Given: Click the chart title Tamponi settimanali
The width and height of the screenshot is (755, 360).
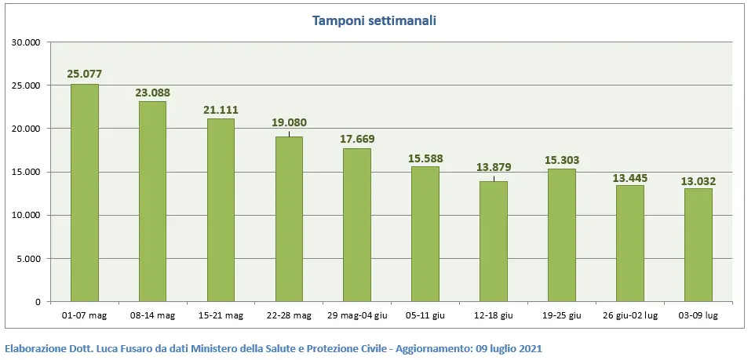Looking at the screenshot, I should [x=374, y=20].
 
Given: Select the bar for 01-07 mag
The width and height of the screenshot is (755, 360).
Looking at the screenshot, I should [x=85, y=192].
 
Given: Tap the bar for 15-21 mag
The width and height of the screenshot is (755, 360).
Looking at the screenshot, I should [x=221, y=209].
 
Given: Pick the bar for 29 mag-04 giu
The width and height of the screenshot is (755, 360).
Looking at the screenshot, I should [x=357, y=224].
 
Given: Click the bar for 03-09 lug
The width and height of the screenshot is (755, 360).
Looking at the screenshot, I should [x=698, y=245].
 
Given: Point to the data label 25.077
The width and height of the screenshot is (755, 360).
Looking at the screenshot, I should [x=85, y=74].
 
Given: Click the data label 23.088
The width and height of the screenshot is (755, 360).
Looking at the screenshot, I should [x=153, y=92].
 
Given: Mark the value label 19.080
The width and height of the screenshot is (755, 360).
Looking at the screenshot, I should [x=290, y=122].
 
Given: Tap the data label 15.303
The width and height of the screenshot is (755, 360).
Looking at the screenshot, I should [x=562, y=160].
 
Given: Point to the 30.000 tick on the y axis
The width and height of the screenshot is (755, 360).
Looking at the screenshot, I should [x=27, y=42].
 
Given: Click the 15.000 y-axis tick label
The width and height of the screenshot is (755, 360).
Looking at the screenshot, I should [x=27, y=172].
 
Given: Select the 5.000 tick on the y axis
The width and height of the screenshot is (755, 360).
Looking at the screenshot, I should [x=29, y=259].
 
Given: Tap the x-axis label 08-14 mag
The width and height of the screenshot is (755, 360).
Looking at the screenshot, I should [x=153, y=315].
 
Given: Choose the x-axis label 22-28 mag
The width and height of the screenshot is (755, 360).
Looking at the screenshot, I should [x=290, y=315].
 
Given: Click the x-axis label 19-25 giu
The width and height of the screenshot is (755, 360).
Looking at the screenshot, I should [x=562, y=315].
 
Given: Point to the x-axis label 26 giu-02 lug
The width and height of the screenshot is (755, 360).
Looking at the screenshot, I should [x=630, y=315].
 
